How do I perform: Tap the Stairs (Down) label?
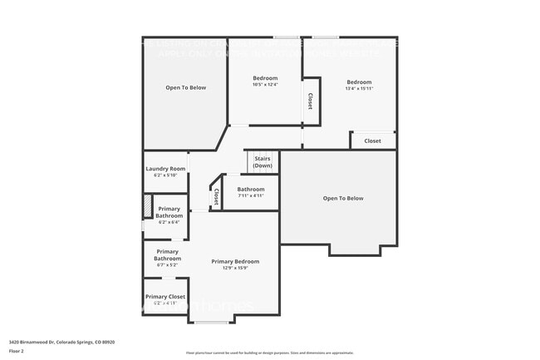[263, 161]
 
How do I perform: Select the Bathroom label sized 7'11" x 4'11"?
[251, 189]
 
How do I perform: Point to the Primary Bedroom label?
[235, 261]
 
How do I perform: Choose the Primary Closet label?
[165, 297]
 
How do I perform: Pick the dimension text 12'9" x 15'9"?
[235, 268]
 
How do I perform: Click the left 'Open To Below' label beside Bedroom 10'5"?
[185, 87]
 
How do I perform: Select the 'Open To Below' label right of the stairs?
[343, 198]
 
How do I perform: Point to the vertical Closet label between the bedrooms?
[310, 101]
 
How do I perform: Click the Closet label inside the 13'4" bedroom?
[372, 141]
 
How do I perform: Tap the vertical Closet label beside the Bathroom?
[216, 196]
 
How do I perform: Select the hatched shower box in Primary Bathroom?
[148, 205]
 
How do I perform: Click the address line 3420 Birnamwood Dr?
[62, 341]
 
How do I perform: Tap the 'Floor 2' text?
[17, 351]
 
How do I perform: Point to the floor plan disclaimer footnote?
[269, 353]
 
